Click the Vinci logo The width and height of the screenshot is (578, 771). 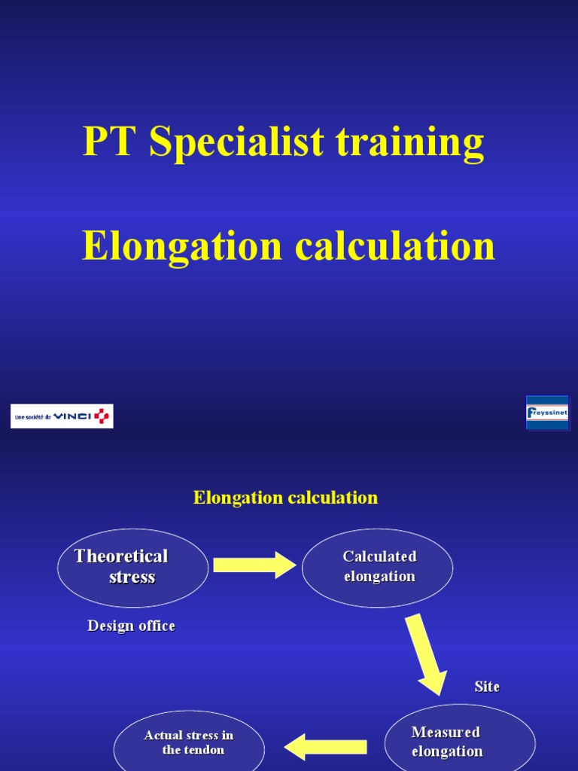[x=62, y=416]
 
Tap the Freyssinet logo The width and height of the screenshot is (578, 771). [x=547, y=413]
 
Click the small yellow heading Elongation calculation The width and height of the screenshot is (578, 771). [x=285, y=498]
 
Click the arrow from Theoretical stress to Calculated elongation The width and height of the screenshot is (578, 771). [x=254, y=565]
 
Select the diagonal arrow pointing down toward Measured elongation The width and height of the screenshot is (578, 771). [x=425, y=653]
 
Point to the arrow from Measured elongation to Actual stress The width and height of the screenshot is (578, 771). [x=325, y=747]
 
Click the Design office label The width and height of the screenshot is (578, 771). [x=131, y=626]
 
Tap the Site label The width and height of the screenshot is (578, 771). [x=487, y=687]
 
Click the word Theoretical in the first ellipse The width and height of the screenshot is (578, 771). [x=121, y=556]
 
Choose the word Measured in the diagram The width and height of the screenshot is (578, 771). [x=446, y=732]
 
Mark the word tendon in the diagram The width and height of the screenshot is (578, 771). [x=204, y=750]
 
